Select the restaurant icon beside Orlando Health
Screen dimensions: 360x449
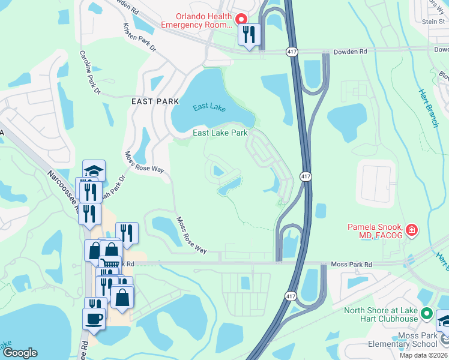[x=250, y=35]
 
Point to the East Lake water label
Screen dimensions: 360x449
[x=209, y=107]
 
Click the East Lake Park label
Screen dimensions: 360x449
[x=220, y=133]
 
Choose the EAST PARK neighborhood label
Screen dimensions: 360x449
[x=155, y=102]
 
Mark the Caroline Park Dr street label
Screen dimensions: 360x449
[x=91, y=73]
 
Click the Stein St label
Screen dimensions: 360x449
[x=433, y=21]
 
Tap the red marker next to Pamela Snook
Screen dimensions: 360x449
[x=411, y=230]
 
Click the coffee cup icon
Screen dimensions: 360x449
[x=95, y=317]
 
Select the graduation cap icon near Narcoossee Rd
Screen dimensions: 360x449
[x=94, y=170]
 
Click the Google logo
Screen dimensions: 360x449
[x=20, y=353]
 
